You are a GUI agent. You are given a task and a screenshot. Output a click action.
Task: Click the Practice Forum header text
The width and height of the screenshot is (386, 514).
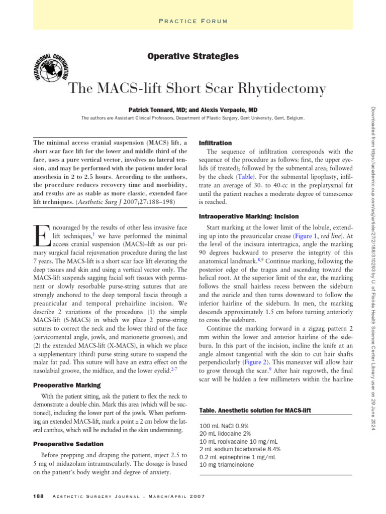pos(193,21)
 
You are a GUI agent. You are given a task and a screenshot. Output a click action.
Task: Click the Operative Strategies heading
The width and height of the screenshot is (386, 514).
pos(193,56)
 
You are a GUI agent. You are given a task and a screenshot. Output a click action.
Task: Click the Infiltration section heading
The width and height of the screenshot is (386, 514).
pos(216,143)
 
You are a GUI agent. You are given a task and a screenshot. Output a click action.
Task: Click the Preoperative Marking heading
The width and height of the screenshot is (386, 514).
pos(66,385)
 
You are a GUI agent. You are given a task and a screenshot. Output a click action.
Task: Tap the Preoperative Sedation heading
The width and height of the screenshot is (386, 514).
pos(68,444)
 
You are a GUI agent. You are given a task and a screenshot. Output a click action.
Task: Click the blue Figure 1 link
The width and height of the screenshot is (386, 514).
pos(306,236)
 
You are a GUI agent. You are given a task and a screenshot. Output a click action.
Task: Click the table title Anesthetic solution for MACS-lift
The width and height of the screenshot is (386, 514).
pos(255,411)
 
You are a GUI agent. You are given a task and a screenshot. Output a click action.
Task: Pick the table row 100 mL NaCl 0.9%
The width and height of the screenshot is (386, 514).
pos(224,426)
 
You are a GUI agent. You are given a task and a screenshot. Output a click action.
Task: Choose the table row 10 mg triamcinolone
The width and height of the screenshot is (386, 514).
pos(227,465)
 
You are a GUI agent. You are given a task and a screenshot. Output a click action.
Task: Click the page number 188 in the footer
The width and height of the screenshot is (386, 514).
pos(38,496)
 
